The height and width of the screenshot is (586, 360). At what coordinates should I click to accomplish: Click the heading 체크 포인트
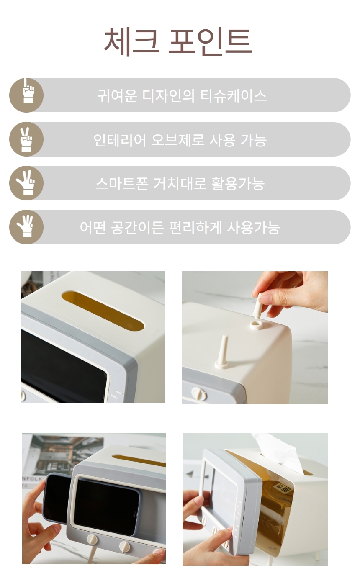(x=178, y=41)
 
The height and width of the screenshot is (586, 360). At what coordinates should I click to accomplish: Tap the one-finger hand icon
(x=28, y=90)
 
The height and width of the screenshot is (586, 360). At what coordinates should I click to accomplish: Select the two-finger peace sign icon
(x=26, y=139)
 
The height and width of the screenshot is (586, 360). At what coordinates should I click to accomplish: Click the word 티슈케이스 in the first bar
(x=234, y=95)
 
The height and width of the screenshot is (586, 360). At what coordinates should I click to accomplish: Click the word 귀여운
(x=117, y=95)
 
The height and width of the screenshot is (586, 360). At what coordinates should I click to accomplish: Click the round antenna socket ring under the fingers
(x=256, y=325)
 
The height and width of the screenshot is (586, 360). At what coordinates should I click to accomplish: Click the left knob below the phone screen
(x=92, y=540)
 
